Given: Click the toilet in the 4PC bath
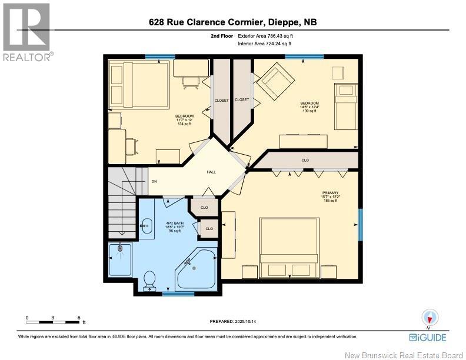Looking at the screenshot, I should click(149, 279).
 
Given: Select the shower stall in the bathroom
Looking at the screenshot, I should click(122, 259).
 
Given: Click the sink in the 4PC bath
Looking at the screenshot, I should click(146, 224).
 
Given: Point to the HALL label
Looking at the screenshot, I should click(210, 172).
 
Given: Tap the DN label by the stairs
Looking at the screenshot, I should click(154, 181).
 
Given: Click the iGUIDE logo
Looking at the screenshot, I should click(427, 337).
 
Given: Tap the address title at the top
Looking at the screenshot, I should click(233, 22).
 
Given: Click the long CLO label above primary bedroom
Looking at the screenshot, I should click(305, 160).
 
